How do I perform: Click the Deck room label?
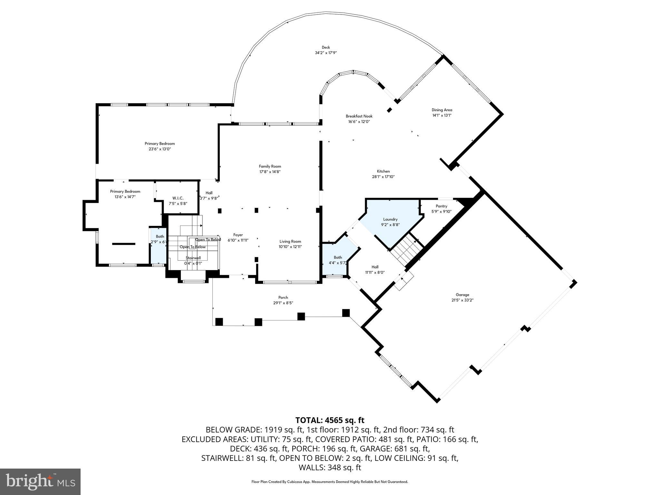tap(326, 47)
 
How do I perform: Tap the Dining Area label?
tap(442, 110)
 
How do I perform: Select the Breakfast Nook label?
tap(359, 116)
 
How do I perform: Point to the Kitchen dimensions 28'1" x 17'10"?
tap(383, 177)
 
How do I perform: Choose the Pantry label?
tap(441, 206)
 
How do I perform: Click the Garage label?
tap(462, 295)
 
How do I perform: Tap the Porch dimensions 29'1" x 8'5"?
tap(283, 303)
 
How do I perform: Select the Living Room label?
tap(290, 241)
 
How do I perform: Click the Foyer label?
tap(238, 235)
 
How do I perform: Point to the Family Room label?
tap(270, 166)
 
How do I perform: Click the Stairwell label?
tap(193, 258)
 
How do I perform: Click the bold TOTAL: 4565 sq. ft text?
tap(330, 420)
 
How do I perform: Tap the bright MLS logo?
tap(40, 481)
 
